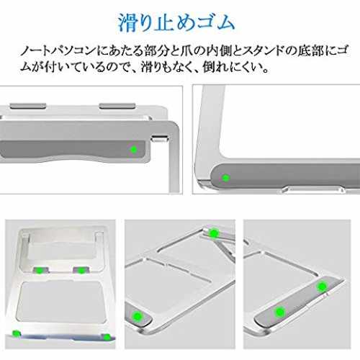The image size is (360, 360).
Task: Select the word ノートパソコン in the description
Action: (x=58, y=51)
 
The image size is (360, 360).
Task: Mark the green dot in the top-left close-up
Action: (x=133, y=149)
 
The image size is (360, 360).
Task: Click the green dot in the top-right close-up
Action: (x=225, y=178)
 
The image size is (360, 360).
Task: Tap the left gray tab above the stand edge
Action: (x=28, y=106)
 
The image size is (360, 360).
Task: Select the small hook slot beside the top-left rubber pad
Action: (x=160, y=138)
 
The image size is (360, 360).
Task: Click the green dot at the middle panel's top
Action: (x=213, y=233)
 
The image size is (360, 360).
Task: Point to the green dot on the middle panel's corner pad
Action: (x=137, y=316)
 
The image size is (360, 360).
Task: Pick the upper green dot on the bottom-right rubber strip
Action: (x=322, y=286)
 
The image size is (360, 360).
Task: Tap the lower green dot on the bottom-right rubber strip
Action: (x=279, y=312)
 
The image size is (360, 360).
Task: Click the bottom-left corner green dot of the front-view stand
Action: (x=17, y=333)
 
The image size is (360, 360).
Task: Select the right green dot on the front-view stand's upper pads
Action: (x=81, y=271)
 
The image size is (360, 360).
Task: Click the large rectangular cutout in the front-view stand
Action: (x=62, y=302)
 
